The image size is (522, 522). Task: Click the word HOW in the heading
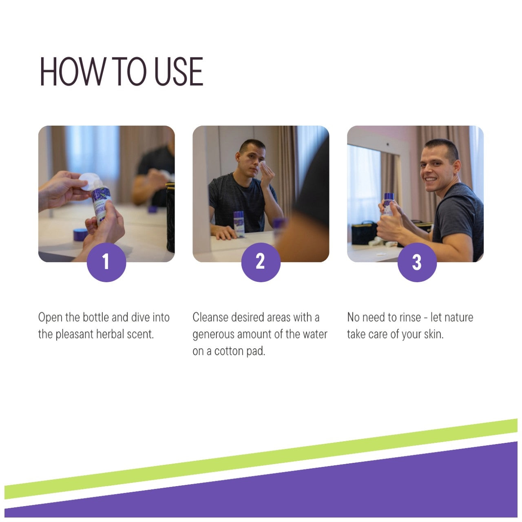pos(72,71)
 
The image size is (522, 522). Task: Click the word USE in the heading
pos(179,71)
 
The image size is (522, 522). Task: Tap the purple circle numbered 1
pos(106,262)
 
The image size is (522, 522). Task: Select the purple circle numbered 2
pos(261,262)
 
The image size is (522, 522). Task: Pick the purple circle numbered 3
pos(417,262)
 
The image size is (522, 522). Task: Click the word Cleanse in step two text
pos(210,317)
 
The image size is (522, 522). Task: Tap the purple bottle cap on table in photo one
pos(80,234)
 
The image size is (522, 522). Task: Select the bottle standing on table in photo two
pos(239,224)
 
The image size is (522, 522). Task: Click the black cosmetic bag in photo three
pos(364,233)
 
